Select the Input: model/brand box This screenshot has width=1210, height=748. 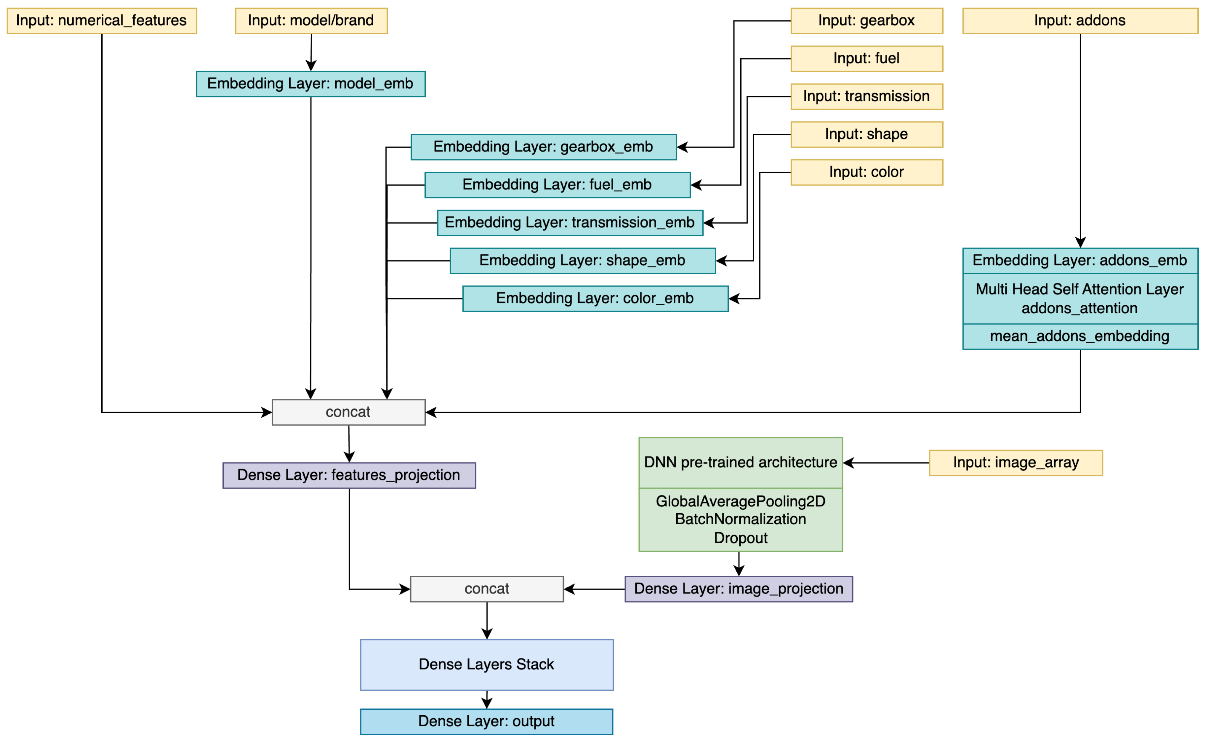(x=311, y=21)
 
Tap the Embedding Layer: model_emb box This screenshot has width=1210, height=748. (x=310, y=84)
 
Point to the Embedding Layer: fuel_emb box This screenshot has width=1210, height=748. (x=557, y=185)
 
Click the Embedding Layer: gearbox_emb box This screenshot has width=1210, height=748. (x=543, y=147)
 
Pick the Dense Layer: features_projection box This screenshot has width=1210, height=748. (x=349, y=475)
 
